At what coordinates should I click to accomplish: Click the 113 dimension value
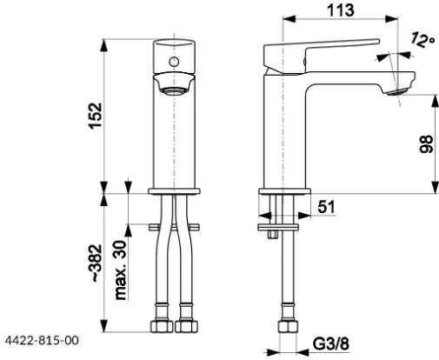coord(341,10)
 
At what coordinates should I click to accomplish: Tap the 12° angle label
coord(422,40)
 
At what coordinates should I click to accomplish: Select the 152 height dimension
coord(96,115)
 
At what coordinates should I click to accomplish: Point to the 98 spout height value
coord(426,143)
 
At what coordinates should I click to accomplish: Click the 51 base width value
coord(326,207)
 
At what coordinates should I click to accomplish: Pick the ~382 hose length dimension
coord(96,263)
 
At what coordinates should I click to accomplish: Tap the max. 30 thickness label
coord(121,270)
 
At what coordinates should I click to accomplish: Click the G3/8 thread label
coord(331,343)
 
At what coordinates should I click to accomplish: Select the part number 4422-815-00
coord(42,340)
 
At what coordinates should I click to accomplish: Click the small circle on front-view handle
coord(174,62)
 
